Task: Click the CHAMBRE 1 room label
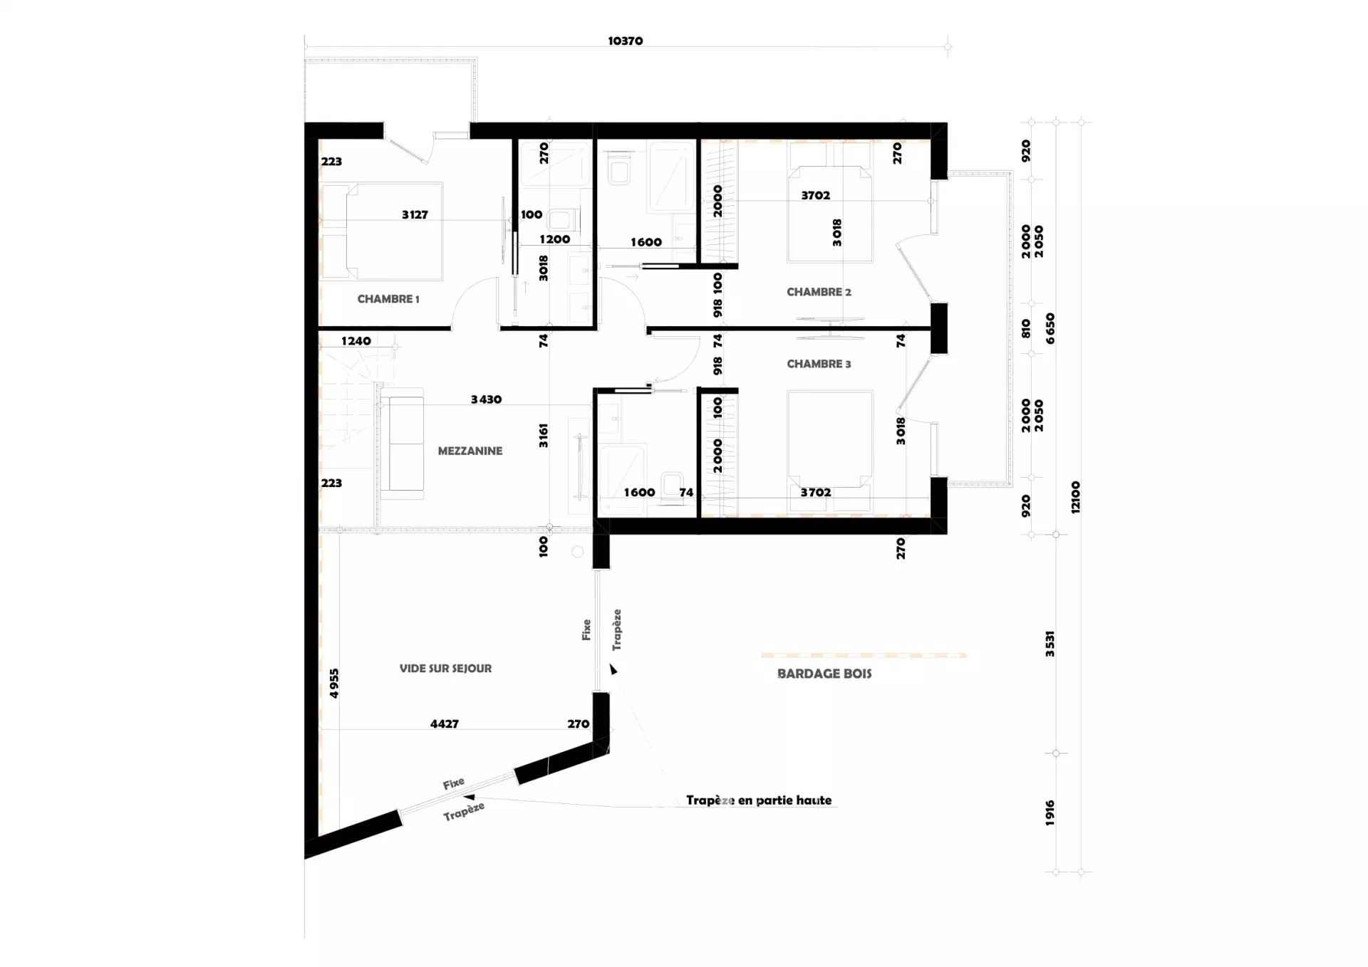[388, 299]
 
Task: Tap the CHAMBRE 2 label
[819, 292]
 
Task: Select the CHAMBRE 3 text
[819, 364]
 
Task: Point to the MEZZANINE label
[470, 451]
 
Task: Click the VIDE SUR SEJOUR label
[445, 669]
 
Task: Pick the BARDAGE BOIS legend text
[824, 674]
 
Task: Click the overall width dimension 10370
[626, 41]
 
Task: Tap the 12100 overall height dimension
[1076, 497]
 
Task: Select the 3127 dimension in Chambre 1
[415, 214]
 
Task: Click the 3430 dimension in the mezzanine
[486, 399]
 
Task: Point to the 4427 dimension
[445, 724]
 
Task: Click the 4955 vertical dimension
[334, 684]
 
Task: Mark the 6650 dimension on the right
[1050, 328]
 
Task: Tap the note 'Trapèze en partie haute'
[759, 800]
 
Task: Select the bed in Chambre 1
[381, 231]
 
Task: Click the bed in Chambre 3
[830, 451]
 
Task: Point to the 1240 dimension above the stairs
[356, 341]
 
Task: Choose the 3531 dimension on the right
[1050, 644]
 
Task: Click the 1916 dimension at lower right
[1050, 813]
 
